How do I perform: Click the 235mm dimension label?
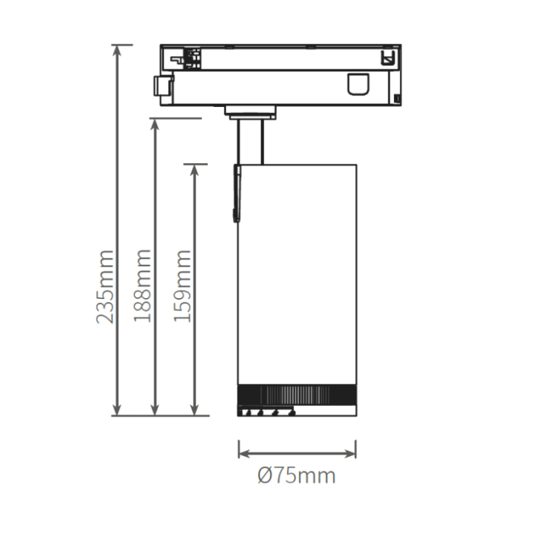(105, 287)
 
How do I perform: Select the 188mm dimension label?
(142, 286)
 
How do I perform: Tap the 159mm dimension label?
(182, 286)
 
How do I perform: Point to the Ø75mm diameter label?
(297, 475)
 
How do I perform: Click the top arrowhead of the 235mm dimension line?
(117, 50)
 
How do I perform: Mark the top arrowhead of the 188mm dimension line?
(155, 124)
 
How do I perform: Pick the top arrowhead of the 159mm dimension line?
(194, 169)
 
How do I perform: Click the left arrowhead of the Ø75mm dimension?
(244, 454)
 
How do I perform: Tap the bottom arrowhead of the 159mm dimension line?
(194, 411)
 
